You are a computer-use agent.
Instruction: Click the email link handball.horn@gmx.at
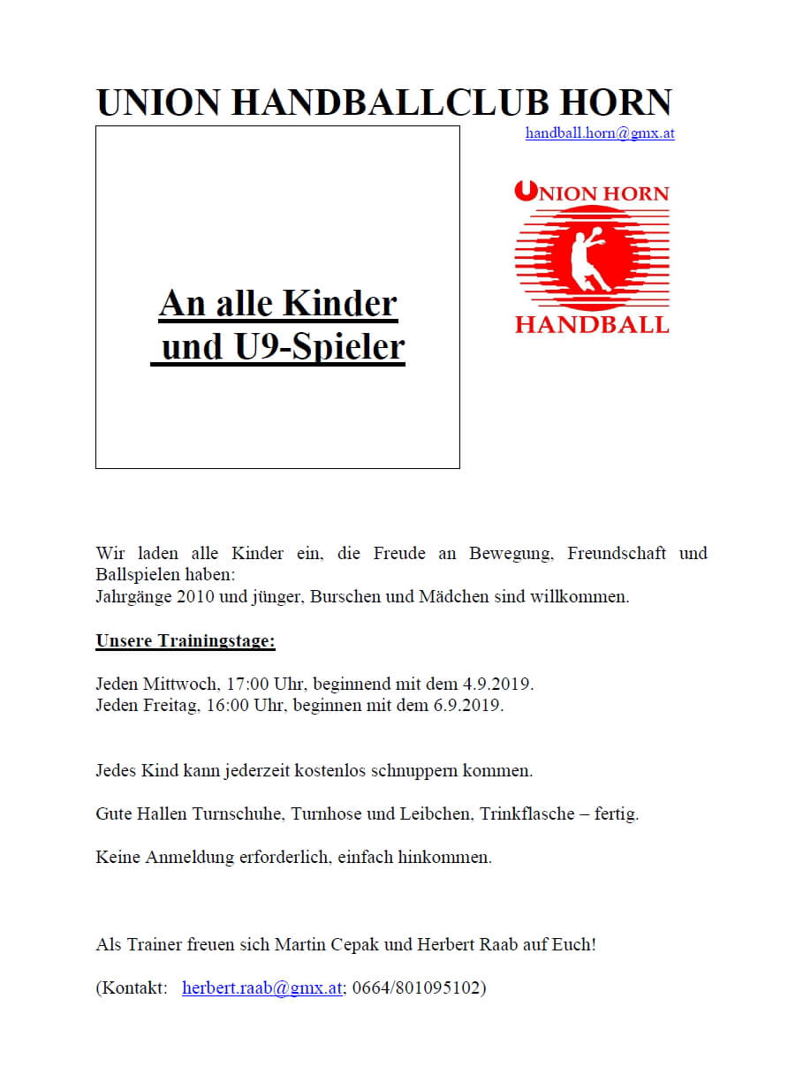(600, 133)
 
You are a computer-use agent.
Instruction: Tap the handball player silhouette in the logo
(587, 260)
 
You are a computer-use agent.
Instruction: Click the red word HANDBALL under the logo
(592, 325)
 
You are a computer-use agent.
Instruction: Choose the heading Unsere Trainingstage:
(186, 641)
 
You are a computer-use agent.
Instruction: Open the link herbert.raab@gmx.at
(261, 988)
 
